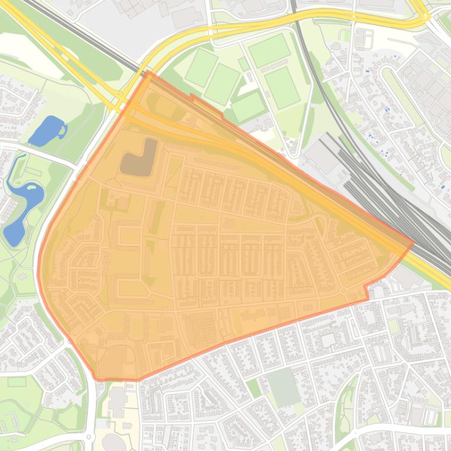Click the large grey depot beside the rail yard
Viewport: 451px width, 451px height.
pos(320,156)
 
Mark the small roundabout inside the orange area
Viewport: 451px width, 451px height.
pos(343,291)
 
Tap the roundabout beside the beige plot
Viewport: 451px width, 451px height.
pos(89,437)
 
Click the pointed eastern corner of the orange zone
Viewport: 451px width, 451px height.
pos(413,242)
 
